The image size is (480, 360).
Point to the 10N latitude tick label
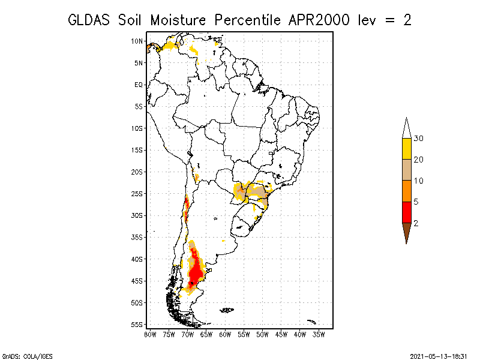[137, 41]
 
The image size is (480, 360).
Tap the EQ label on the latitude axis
[139, 85]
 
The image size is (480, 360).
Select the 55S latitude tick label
[137, 325]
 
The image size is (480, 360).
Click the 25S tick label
[137, 194]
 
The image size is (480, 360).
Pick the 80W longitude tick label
[150, 335]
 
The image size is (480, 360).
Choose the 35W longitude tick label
[319, 335]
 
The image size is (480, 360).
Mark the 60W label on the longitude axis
[225, 335]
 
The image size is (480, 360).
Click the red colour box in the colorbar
[406, 212]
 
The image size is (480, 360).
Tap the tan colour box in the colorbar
[406, 170]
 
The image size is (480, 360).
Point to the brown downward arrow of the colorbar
[406, 232]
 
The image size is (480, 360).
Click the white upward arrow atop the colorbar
[406, 128]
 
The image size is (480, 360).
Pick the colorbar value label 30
[419, 139]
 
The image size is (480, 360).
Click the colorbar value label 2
[416, 223]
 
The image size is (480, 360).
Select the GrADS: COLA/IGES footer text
[21, 355]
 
